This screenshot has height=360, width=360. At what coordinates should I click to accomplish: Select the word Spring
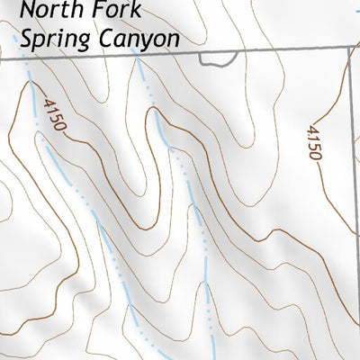tap(52, 40)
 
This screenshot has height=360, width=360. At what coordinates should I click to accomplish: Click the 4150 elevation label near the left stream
tap(53, 115)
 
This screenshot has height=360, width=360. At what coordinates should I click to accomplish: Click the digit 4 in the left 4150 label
tap(48, 102)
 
